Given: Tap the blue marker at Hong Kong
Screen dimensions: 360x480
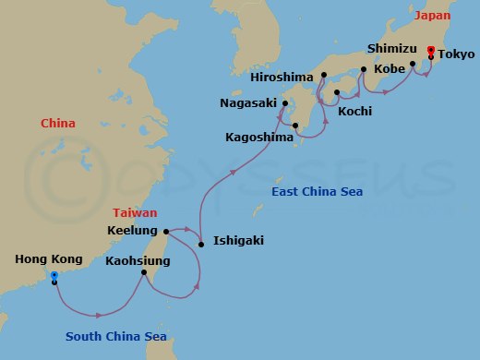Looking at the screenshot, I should click(54, 275).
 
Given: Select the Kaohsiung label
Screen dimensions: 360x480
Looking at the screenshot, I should click(138, 261).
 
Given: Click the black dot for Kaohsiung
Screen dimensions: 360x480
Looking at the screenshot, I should click(144, 272).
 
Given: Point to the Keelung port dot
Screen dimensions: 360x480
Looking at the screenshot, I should click(166, 232).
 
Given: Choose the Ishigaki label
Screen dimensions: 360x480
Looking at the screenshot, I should click(238, 241).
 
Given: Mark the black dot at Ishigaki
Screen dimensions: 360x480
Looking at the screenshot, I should click(201, 245).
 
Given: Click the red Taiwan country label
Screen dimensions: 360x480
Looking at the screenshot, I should click(136, 211).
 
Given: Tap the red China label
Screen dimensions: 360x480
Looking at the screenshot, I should click(58, 124).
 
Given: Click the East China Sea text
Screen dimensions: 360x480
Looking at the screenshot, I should click(318, 191).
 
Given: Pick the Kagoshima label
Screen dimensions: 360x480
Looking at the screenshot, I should click(258, 137).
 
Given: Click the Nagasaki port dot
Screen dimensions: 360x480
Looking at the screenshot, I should click(285, 103).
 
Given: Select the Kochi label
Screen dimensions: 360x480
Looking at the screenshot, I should click(354, 111).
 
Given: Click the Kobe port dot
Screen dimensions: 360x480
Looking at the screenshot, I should click(364, 69).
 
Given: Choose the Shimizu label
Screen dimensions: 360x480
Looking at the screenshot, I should click(393, 47).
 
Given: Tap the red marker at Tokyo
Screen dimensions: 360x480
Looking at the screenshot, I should click(431, 50).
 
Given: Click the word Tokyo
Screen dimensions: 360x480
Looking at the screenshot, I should click(456, 54).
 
